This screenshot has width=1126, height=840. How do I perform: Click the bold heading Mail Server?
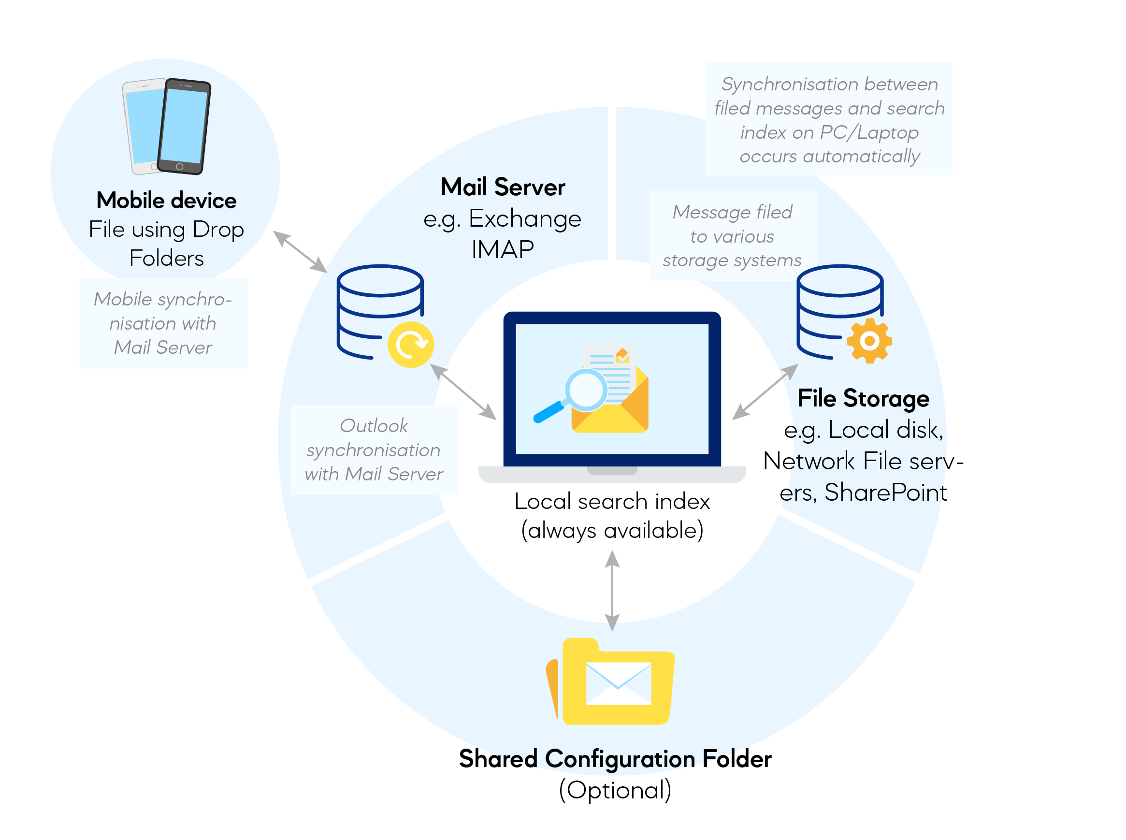[502, 187]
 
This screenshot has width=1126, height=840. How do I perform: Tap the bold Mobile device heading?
[166, 201]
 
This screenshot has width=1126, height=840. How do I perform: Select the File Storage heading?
[863, 398]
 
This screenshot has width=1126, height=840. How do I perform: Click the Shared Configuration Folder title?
[615, 759]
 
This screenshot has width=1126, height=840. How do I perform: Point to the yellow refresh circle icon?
[410, 344]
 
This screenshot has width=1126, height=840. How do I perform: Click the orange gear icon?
[869, 341]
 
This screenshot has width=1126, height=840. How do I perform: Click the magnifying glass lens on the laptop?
[586, 390]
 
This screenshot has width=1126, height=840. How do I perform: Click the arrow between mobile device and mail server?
[300, 252]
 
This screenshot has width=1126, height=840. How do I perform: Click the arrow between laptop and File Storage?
[765, 392]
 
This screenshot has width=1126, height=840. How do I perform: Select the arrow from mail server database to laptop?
[463, 392]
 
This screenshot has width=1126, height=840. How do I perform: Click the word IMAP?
[502, 250]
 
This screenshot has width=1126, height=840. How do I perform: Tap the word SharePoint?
[885, 492]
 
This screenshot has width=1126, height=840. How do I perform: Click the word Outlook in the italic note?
[374, 426]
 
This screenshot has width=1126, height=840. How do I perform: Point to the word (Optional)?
[615, 790]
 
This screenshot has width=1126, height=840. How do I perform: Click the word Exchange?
[524, 218]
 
